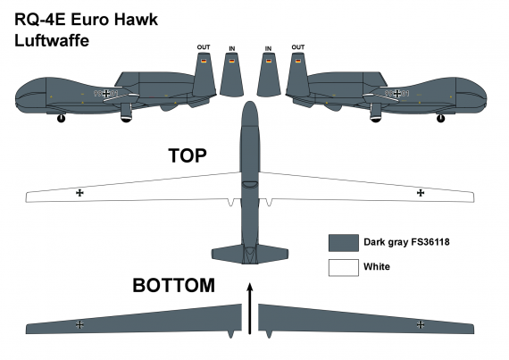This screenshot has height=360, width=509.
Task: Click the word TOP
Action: point(188,155)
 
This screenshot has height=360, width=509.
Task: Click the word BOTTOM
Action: point(173,286)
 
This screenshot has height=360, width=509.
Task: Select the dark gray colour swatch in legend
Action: point(342,242)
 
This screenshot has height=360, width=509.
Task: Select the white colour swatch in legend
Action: point(342,266)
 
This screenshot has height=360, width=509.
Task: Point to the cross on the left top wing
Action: point(80,192)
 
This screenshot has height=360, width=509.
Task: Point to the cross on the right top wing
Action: point(421,192)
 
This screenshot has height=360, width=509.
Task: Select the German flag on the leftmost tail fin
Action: point(204,61)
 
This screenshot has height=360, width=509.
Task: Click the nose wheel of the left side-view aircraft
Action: point(61,118)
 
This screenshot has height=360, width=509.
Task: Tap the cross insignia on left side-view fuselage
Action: point(107,93)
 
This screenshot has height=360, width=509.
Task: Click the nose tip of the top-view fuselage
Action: point(251,105)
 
